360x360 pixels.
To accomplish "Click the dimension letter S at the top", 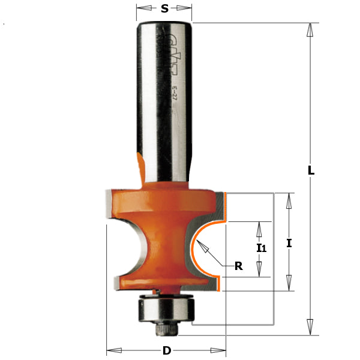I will [x=164, y=9].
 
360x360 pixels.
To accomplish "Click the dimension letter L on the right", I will [x=311, y=170].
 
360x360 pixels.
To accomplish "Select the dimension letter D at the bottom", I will [x=166, y=350].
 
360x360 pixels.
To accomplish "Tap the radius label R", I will [x=238, y=266].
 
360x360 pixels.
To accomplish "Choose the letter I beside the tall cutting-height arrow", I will [x=289, y=243].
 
